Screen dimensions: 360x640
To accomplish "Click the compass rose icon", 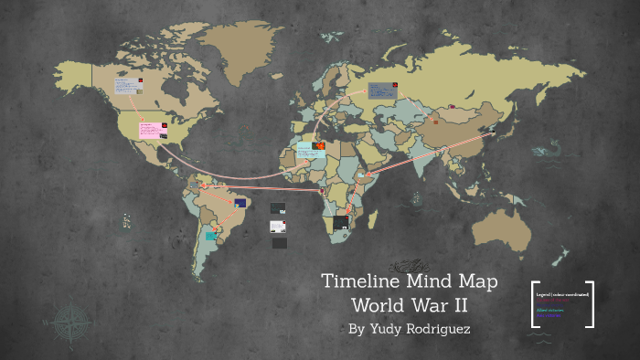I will (69, 323).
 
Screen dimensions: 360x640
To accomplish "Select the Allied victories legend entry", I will (550, 311).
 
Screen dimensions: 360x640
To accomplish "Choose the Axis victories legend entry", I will (549, 316).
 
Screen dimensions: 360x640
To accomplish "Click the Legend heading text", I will (562, 295).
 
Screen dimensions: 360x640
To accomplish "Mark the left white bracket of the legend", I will (533, 304).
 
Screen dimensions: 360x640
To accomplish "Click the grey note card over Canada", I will (125, 86).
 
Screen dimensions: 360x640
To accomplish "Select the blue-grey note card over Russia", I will (379, 90).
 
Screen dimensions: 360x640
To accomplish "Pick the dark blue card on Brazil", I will (240, 203).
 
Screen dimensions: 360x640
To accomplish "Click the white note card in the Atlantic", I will (277, 226).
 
